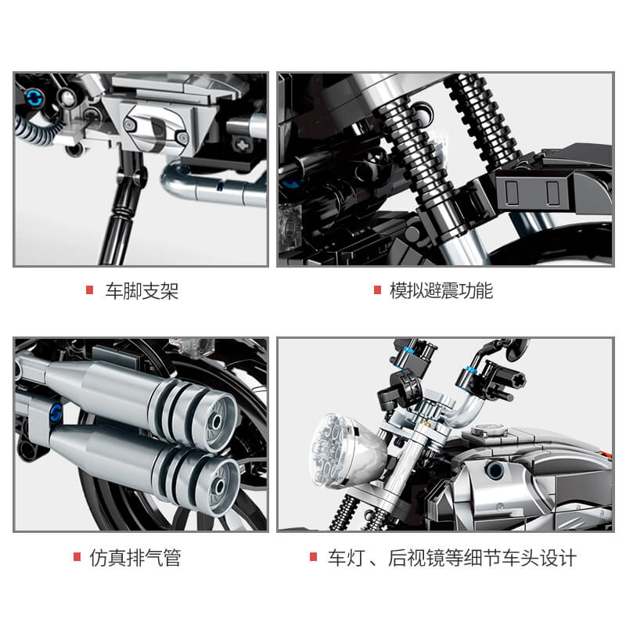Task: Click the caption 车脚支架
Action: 142,292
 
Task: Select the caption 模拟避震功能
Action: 441,292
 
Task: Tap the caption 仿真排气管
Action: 135,558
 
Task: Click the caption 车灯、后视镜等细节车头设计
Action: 452,558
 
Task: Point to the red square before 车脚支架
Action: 89,291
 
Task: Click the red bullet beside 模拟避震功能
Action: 376,291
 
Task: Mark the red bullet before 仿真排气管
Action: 77,557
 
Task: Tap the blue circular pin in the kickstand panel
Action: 34,97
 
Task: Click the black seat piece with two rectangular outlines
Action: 532,189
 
